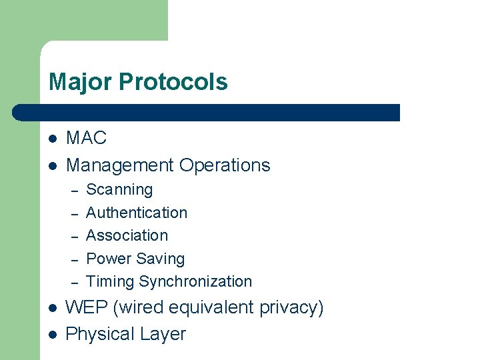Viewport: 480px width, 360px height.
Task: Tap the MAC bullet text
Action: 87,138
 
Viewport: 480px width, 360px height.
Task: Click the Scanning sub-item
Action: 119,190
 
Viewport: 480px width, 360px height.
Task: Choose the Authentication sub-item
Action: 137,213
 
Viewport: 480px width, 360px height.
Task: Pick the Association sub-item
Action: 127,235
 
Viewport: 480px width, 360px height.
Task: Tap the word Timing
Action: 110,281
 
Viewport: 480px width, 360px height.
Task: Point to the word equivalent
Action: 212,307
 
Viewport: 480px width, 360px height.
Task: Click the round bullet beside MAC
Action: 53,139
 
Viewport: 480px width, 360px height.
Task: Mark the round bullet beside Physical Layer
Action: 53,334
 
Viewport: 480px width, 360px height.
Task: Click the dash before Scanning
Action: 75,191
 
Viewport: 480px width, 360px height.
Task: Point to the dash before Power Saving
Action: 75,259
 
